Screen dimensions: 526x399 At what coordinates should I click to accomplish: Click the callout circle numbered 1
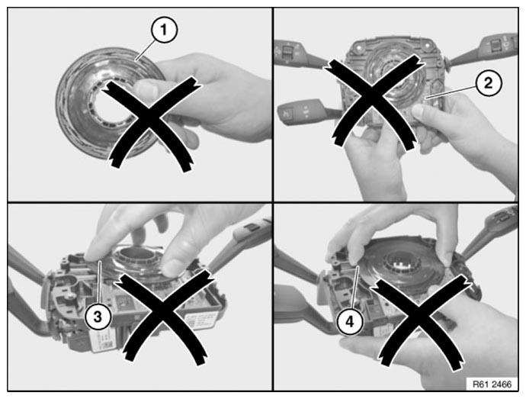click(164, 31)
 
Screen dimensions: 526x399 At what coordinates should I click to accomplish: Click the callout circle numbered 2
click(488, 83)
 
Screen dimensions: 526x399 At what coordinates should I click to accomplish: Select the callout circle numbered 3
click(98, 317)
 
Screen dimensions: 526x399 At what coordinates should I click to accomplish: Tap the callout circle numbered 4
click(350, 322)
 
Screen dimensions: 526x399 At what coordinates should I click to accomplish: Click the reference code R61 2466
click(492, 385)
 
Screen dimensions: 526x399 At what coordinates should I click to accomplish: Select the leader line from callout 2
click(451, 91)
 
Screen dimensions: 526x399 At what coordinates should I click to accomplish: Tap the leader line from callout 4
click(354, 288)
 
